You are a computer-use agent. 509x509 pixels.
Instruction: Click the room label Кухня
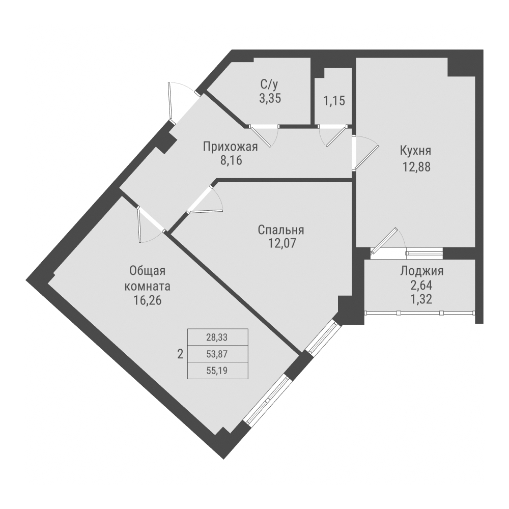[416, 151]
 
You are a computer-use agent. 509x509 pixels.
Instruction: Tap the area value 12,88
[416, 167]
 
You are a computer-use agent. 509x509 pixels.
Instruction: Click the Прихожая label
[231, 147]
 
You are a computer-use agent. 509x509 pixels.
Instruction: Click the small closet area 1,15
[334, 100]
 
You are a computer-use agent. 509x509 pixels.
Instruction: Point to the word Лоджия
[421, 271]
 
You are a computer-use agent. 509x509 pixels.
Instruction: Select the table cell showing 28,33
[218, 337]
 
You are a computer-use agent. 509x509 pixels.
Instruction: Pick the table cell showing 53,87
[218, 353]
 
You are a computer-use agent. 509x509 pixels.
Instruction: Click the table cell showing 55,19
[218, 370]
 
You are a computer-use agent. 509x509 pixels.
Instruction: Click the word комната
[147, 286]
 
